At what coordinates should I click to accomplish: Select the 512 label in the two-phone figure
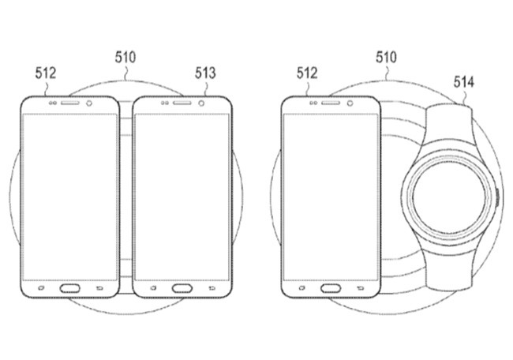[x=47, y=73]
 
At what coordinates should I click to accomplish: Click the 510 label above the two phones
[x=125, y=56]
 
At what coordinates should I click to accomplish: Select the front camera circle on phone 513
[x=204, y=103]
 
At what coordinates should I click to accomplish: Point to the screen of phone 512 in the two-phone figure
[x=68, y=193]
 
